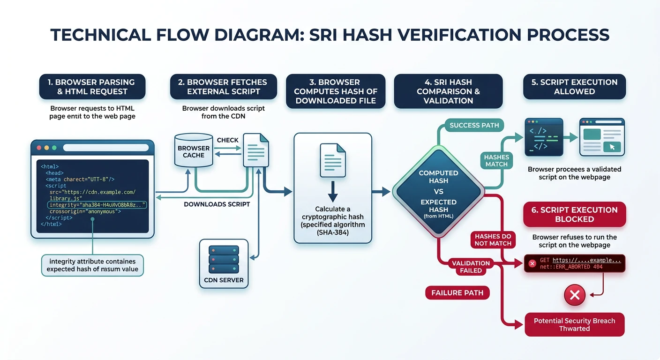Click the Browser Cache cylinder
[194, 151]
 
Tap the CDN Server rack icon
[224, 257]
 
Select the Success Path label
[474, 125]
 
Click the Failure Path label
[457, 293]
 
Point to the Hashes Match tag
[496, 161]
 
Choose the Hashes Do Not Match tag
[493, 240]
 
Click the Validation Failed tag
[471, 267]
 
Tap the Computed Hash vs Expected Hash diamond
[438, 191]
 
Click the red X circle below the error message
[575, 295]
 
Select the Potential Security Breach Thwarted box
[574, 324]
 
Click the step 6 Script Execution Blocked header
[574, 214]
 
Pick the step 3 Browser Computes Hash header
[336, 91]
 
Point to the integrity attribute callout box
[92, 265]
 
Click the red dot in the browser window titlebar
[39, 148]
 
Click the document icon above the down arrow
[332, 160]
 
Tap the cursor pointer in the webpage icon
[612, 147]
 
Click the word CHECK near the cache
[227, 140]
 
